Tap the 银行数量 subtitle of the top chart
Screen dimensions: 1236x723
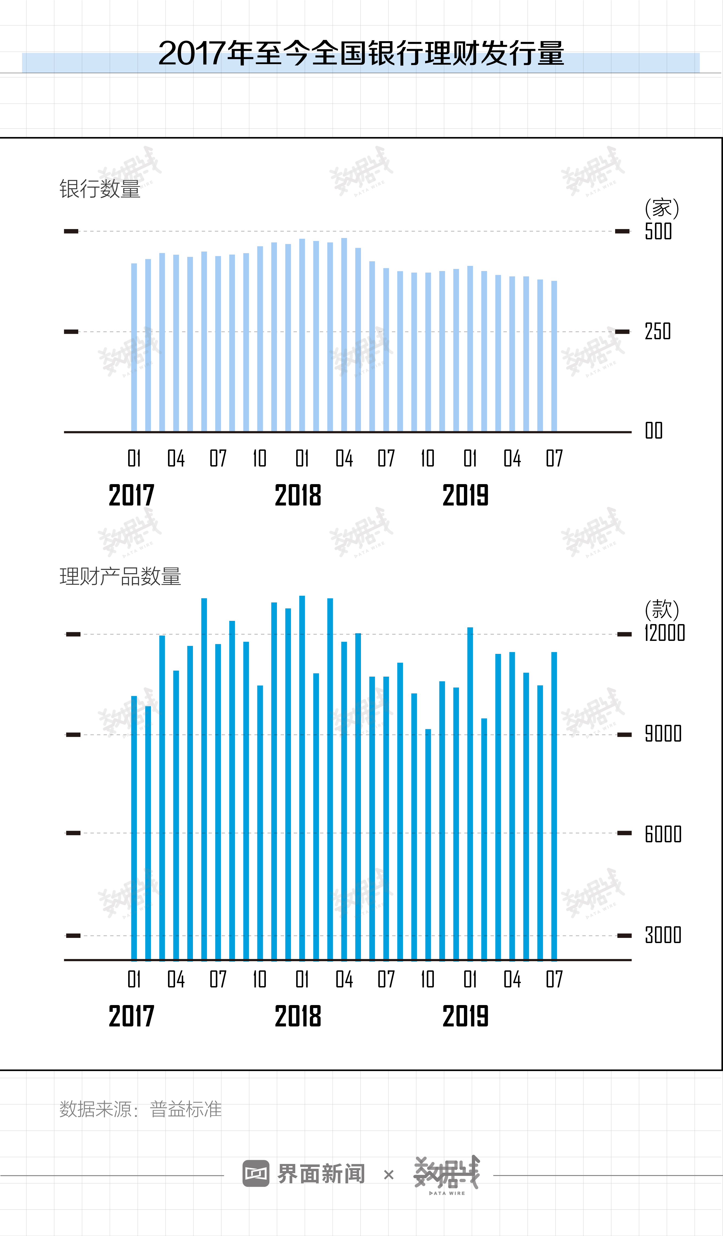[100, 189]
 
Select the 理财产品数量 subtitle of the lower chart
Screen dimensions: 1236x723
[120, 576]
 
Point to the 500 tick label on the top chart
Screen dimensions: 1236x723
[658, 231]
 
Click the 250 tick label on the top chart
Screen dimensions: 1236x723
[658, 332]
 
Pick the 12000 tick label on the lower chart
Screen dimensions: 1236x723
[664, 633]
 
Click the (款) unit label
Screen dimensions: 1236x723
[662, 610]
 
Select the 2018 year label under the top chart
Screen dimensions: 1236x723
[298, 495]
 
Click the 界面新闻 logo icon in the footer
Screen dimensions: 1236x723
[256, 1174]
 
